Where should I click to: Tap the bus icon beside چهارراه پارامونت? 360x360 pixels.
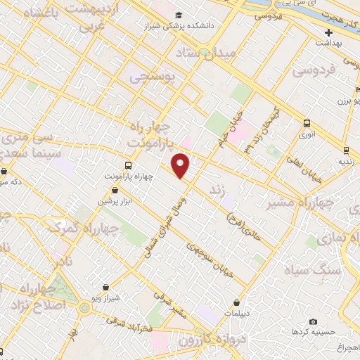108,176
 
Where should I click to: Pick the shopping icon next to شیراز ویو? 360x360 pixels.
105,287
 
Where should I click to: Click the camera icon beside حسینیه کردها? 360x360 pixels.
293,321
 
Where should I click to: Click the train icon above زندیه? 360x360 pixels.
345,149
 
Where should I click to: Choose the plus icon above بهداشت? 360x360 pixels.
328,32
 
